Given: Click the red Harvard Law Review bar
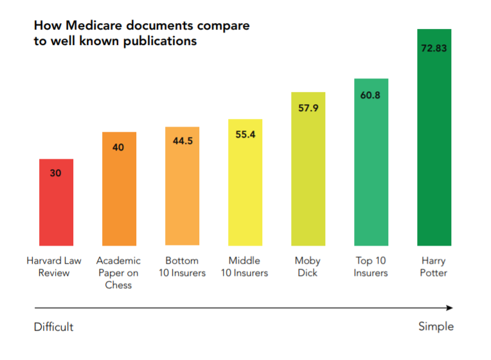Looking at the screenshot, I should click(56, 202).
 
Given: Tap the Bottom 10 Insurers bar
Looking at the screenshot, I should click(182, 186).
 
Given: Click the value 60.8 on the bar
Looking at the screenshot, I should click(371, 96).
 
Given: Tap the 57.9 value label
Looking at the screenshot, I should click(308, 108).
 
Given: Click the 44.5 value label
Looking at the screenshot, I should click(182, 141).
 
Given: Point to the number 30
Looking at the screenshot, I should click(56, 173).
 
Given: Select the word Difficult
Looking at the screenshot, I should click(53, 327).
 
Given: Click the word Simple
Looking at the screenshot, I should click(435, 327).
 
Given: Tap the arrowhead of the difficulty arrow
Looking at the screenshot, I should click(449, 308).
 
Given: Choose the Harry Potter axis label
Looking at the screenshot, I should click(434, 267).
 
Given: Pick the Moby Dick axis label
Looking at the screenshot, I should click(308, 267).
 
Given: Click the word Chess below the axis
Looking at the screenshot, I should click(118, 285).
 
